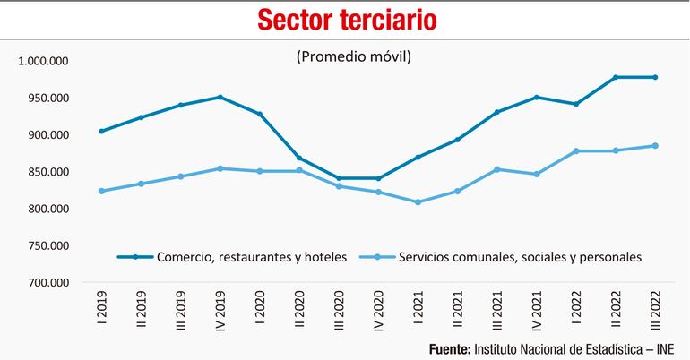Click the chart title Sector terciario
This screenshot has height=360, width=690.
pos(344,19)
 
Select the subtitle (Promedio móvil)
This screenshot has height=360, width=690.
pos(352,57)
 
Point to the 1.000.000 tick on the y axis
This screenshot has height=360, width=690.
pos(44,62)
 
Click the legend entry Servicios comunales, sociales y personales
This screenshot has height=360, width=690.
pos(512,257)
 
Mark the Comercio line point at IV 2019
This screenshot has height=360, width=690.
pos(220,97)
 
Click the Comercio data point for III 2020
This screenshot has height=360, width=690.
pos(338,178)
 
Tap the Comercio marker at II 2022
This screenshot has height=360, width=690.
pos(616,77)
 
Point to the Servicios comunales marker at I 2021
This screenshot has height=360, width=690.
pos(417,202)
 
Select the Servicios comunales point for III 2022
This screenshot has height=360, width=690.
pos(655,146)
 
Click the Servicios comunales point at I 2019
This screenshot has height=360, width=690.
pos(101,191)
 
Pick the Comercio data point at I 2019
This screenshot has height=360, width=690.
pos(101,131)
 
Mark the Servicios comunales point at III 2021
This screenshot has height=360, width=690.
pos(496,169)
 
